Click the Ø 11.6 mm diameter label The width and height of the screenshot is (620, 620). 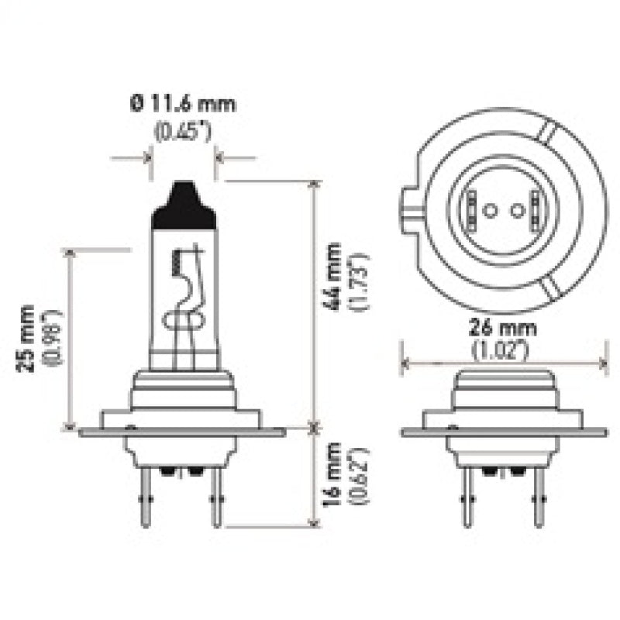click(x=183, y=103)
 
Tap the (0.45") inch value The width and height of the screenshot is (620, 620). click(x=183, y=131)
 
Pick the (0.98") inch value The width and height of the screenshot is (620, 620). click(x=53, y=338)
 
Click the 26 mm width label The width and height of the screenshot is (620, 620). click(x=502, y=328)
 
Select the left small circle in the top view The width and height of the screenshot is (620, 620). click(x=488, y=209)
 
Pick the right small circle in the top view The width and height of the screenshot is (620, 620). click(x=515, y=209)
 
